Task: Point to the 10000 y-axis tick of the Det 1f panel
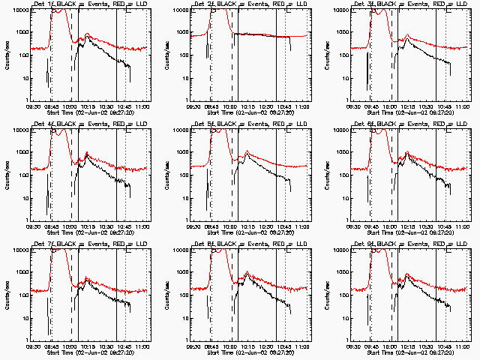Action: [20, 10]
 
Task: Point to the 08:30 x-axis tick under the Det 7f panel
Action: [34, 347]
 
